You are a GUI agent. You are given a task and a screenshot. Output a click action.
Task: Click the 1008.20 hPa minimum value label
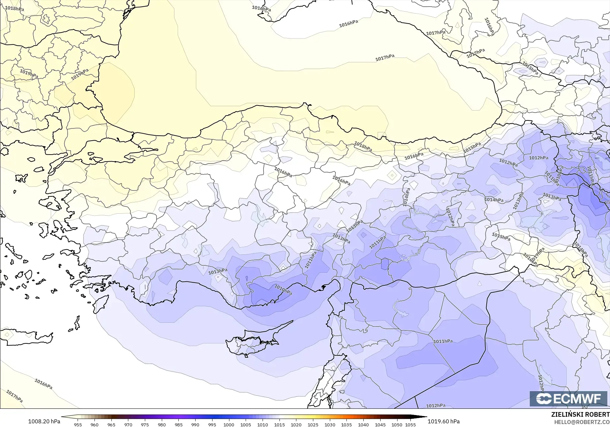(x=44, y=421)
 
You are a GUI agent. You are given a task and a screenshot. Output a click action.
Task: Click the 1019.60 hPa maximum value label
(x=443, y=421)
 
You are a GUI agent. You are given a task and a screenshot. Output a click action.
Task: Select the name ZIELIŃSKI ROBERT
(x=580, y=414)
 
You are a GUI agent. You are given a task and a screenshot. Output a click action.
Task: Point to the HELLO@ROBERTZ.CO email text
(x=582, y=421)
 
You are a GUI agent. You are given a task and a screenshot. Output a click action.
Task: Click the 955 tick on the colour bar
(x=78, y=424)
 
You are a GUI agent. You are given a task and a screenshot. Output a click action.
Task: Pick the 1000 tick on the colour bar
(x=229, y=424)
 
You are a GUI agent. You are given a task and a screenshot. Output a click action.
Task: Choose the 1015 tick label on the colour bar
(x=279, y=424)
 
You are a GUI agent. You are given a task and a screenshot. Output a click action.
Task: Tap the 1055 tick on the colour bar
(x=410, y=424)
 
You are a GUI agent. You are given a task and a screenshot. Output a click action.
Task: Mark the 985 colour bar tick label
(x=178, y=424)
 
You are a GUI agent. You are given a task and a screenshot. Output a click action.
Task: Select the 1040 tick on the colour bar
(x=363, y=424)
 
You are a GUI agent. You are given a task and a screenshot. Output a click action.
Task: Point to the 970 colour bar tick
(x=128, y=424)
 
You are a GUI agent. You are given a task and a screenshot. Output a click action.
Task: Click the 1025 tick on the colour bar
(x=313, y=424)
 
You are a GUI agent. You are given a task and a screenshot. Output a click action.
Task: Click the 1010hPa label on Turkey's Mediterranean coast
(x=283, y=290)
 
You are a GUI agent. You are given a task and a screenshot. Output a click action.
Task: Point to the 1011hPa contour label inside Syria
(x=443, y=341)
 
